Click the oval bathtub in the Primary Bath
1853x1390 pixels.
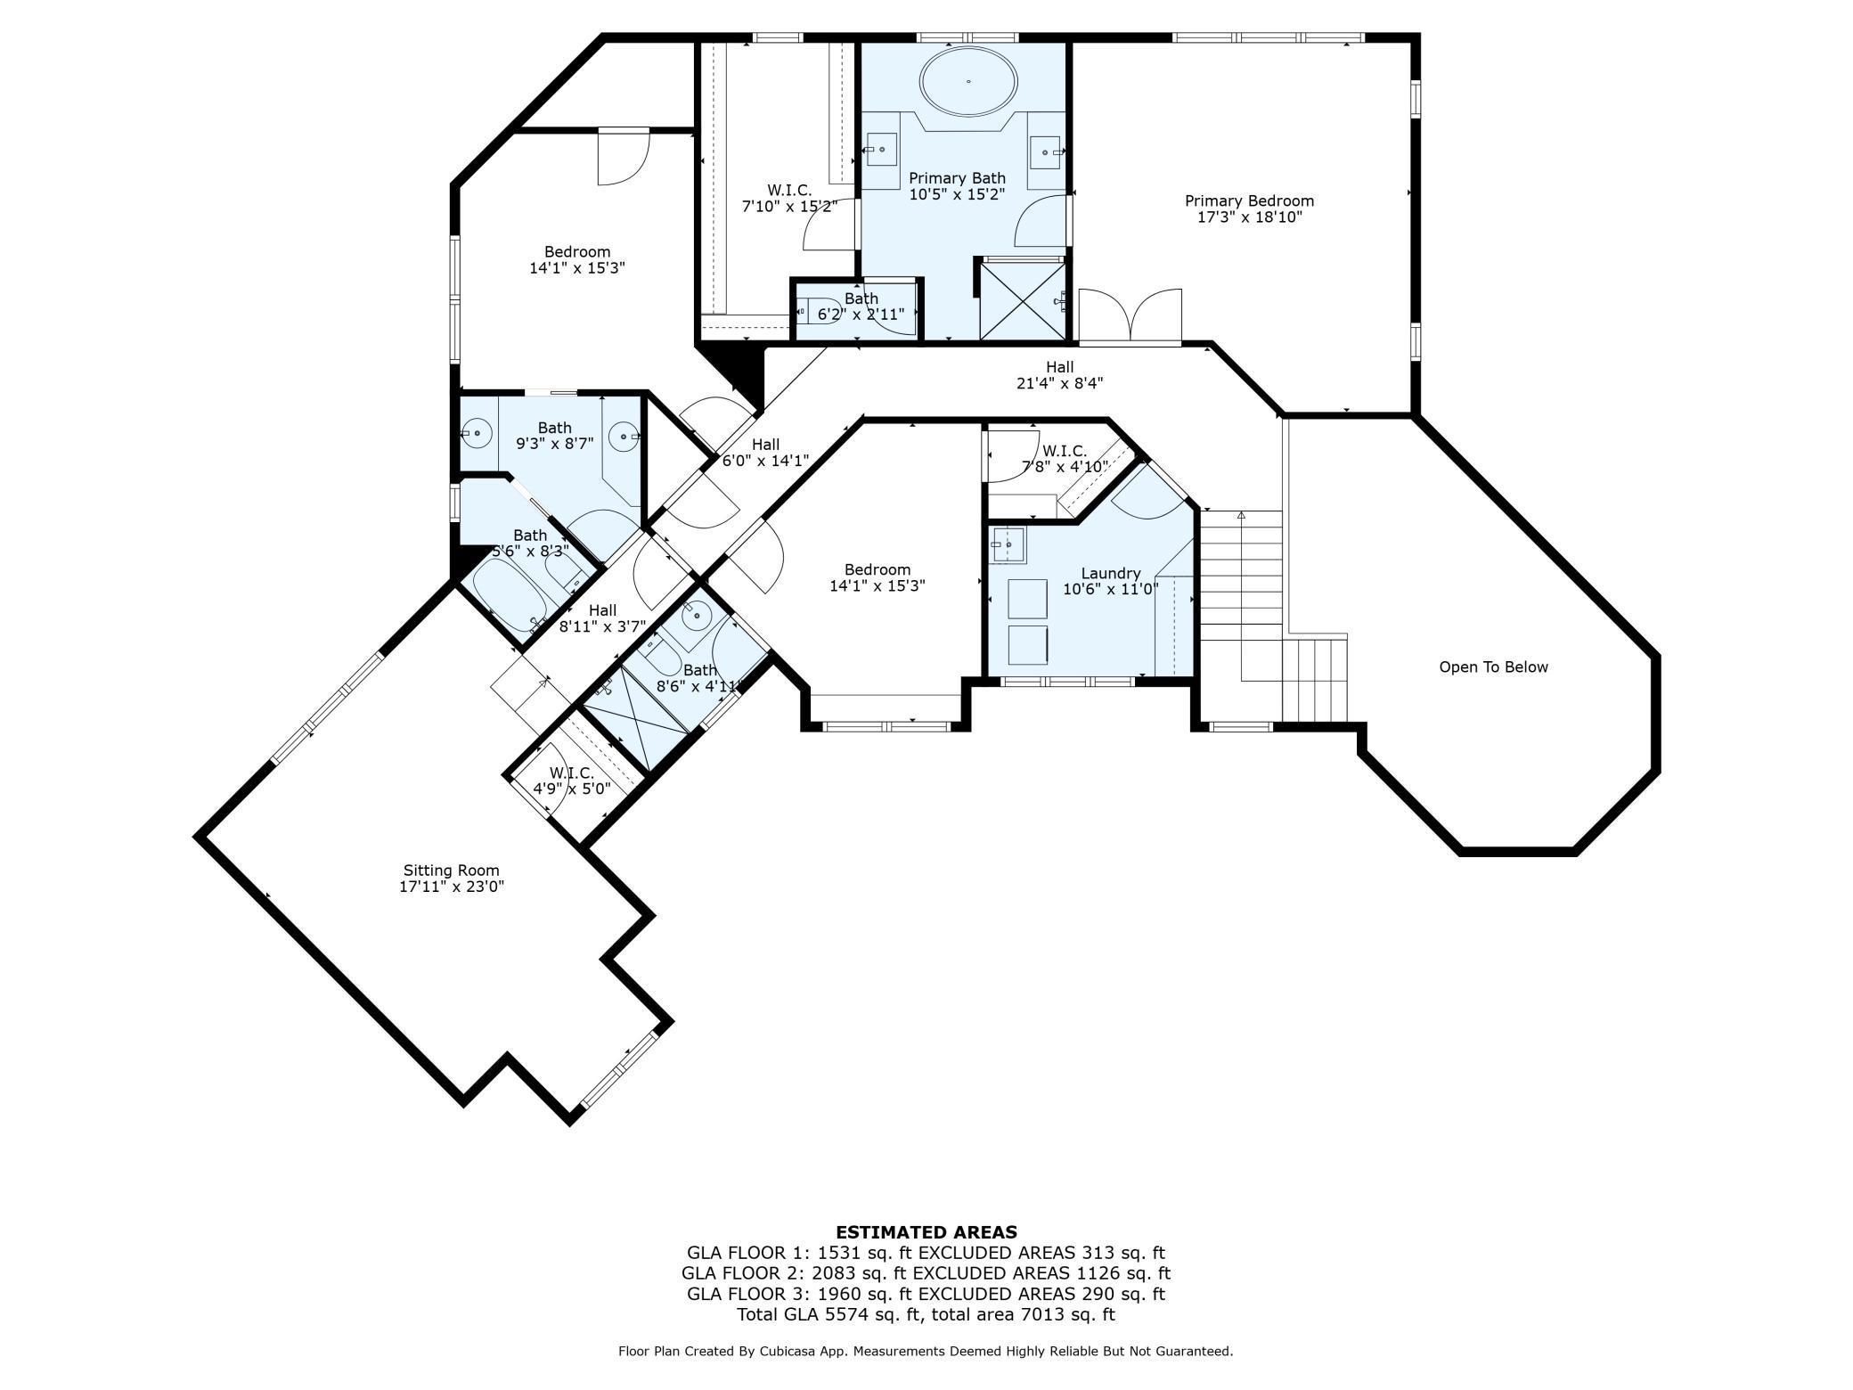point(967,81)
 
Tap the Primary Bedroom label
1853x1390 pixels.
point(1249,200)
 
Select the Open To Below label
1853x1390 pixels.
point(1493,666)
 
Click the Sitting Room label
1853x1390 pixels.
point(452,870)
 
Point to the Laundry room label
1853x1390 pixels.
point(1110,573)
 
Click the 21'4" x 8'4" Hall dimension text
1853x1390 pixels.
point(1059,383)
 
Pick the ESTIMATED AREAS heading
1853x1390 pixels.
point(926,1232)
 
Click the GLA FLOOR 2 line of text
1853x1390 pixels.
point(926,1273)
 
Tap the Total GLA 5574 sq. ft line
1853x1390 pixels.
point(926,1314)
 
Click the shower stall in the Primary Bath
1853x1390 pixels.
point(1023,299)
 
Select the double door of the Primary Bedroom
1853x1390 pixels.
point(1130,315)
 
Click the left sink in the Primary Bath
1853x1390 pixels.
point(881,150)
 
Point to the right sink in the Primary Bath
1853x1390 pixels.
point(1045,152)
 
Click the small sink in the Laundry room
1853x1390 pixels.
point(1008,544)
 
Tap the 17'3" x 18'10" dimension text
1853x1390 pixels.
point(1249,217)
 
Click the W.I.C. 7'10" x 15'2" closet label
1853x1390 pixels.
point(789,198)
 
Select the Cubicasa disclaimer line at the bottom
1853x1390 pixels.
point(926,1352)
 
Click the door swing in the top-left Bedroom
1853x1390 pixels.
point(624,158)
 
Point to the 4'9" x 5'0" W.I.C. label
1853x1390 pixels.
point(571,781)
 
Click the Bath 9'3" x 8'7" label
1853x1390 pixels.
point(554,436)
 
